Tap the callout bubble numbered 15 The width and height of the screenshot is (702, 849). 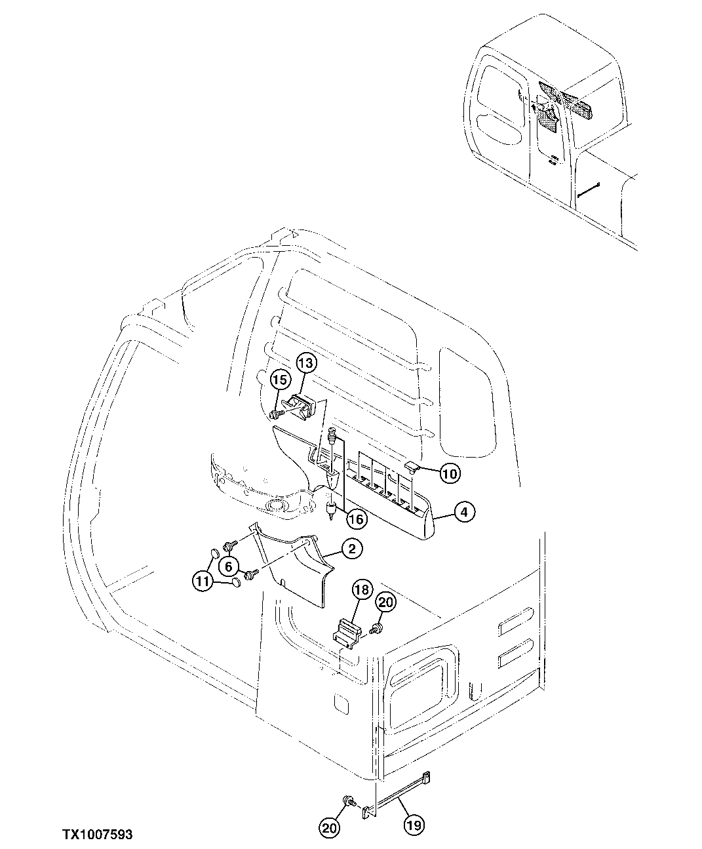[x=280, y=380]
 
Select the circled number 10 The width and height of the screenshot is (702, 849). [x=450, y=473]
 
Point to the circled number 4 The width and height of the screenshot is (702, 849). [x=463, y=512]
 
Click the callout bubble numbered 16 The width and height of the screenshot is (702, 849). [x=356, y=519]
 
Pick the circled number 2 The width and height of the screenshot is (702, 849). [x=351, y=549]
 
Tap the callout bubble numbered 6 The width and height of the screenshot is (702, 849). [x=229, y=565]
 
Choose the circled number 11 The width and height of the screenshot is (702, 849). [x=203, y=580]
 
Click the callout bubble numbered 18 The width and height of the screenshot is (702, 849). [x=361, y=589]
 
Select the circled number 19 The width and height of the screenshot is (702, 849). [x=414, y=826]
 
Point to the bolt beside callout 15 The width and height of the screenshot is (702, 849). [x=276, y=414]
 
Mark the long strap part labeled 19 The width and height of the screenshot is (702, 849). [x=397, y=795]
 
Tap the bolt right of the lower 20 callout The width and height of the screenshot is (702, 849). [x=349, y=800]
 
